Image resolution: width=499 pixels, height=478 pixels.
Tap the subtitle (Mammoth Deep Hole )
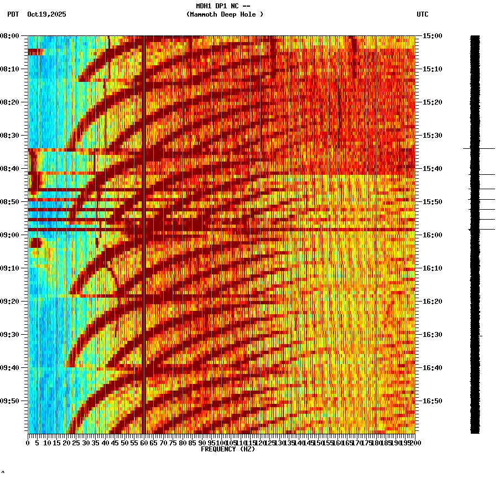pos(225,14)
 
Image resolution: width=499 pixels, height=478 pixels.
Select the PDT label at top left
pos(13,14)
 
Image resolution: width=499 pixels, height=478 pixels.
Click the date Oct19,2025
pos(46,14)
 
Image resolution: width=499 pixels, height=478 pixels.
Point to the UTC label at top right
pos(423,14)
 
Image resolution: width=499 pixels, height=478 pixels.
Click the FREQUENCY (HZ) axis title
pos(228,449)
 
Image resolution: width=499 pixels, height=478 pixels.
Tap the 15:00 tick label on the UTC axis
pos(432,36)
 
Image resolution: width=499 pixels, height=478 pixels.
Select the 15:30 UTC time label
pos(432,136)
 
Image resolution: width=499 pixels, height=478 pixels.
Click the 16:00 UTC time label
pos(432,235)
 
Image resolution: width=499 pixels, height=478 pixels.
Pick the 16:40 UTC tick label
pos(432,368)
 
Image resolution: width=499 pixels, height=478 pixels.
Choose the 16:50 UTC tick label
pos(432,401)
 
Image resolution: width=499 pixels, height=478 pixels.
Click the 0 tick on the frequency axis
pos(28,443)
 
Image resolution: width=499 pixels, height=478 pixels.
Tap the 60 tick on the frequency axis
pos(144,443)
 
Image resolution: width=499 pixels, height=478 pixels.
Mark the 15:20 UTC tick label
pos(432,102)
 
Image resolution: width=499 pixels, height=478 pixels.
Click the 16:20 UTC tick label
pos(432,302)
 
